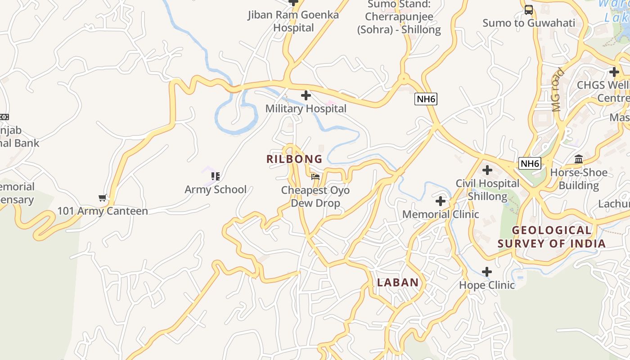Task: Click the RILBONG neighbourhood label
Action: click(294, 159)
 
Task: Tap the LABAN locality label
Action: click(398, 283)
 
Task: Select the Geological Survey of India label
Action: click(551, 237)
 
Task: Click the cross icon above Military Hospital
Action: click(306, 95)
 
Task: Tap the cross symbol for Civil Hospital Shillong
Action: click(487, 170)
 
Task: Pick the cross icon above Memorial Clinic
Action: click(441, 201)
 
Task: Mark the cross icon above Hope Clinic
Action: click(487, 272)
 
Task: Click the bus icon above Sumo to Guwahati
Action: click(529, 9)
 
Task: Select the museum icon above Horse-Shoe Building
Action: click(579, 159)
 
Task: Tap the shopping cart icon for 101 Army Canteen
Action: click(103, 198)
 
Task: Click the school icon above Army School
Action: click(216, 176)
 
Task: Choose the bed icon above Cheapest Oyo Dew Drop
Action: click(315, 177)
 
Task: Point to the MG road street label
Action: click(558, 90)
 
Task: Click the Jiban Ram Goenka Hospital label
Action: click(293, 21)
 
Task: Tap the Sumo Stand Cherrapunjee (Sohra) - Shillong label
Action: click(399, 17)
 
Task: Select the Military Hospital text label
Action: click(306, 108)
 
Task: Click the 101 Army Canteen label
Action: click(103, 211)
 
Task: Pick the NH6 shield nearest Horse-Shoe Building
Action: click(529, 163)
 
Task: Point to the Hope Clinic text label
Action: click(487, 285)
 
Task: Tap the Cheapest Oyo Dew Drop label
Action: click(315, 197)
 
